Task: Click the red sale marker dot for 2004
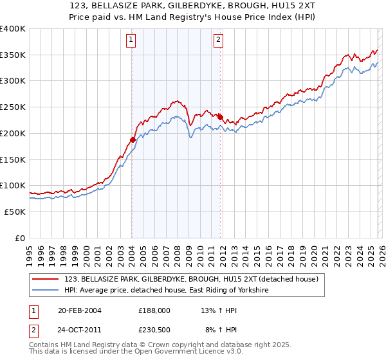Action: click(x=133, y=139)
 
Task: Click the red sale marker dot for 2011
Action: click(x=220, y=117)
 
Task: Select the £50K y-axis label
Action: click(x=15, y=212)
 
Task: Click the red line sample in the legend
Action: click(x=46, y=280)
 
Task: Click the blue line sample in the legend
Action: click(x=46, y=291)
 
